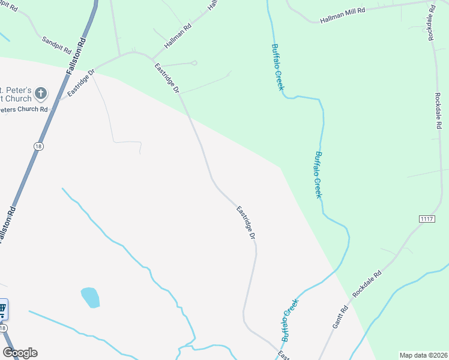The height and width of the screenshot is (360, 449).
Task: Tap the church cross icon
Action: click(40, 93)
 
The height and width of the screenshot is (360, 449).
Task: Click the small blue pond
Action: click(90, 296)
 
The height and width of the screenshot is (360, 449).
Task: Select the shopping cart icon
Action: click(2, 310)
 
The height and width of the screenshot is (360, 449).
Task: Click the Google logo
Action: click(20, 353)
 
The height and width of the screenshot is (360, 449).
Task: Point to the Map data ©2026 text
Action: click(423, 355)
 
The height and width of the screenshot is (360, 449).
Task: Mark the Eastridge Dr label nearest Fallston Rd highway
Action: click(81, 83)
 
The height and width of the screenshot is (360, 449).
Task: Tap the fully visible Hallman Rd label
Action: click(178, 37)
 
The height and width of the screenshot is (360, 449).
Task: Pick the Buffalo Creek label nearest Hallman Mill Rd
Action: click(277, 67)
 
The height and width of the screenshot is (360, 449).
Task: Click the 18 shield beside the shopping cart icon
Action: click(4, 328)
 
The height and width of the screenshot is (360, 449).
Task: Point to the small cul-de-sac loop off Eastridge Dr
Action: click(193, 62)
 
